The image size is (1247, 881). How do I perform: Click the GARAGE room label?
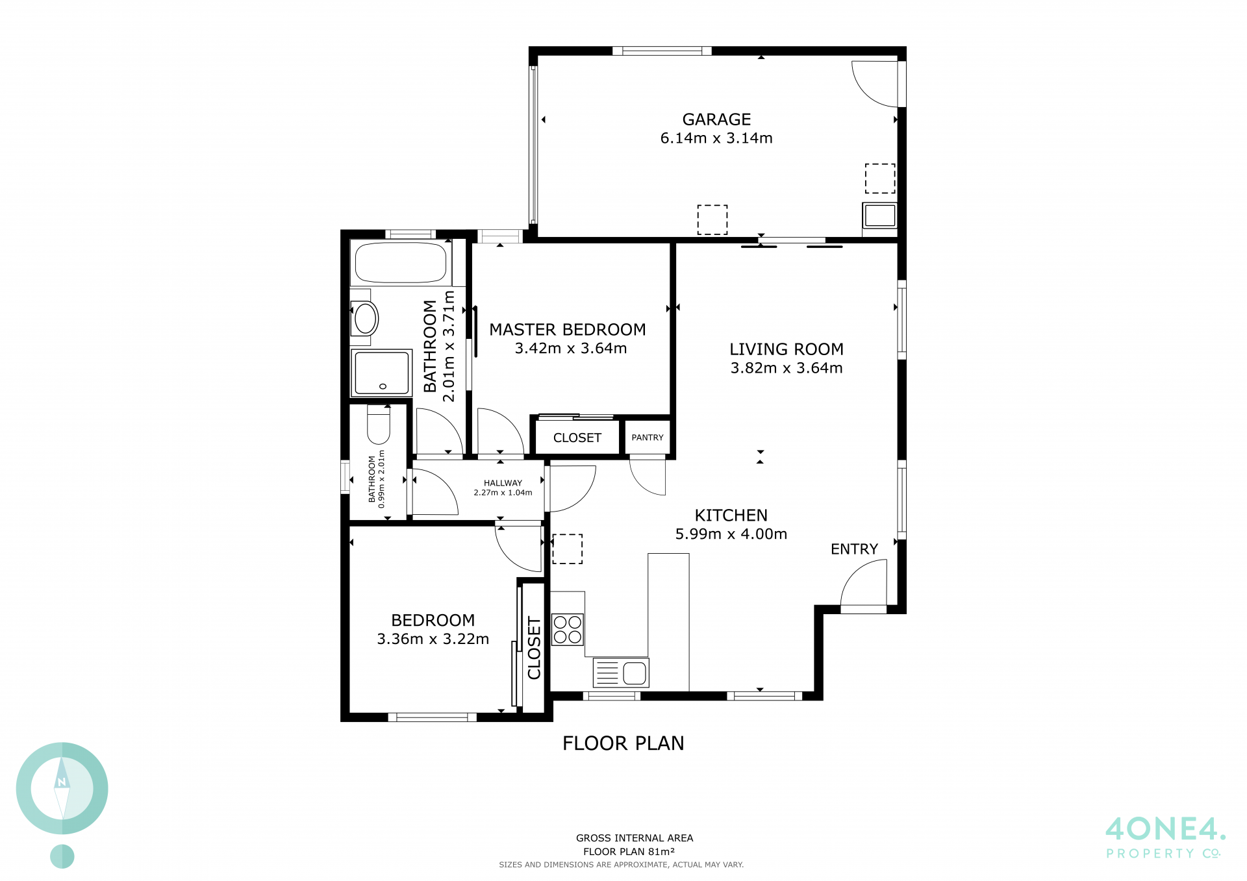[x=716, y=119]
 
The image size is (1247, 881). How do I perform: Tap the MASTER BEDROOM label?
[x=568, y=330]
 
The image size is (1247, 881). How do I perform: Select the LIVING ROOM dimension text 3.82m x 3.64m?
[x=787, y=368]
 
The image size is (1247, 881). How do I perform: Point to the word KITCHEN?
[x=731, y=515]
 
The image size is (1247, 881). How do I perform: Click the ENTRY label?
[x=854, y=549]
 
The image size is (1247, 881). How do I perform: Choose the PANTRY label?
[x=648, y=438]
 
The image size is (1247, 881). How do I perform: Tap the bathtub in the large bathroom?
[x=401, y=263]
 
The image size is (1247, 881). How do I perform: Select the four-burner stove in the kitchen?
[x=568, y=630]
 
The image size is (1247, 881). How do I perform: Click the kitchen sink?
[x=621, y=673]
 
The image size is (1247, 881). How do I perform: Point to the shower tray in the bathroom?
[x=381, y=373]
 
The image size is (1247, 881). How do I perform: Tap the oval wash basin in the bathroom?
[x=365, y=318]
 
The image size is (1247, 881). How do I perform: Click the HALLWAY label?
[x=503, y=483]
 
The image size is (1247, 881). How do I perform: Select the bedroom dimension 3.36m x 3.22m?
[x=433, y=639]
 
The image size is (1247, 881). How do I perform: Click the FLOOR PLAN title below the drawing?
[x=623, y=743]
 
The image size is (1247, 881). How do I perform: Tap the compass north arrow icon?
[x=62, y=788]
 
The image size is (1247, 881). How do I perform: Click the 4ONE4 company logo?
[x=1165, y=838]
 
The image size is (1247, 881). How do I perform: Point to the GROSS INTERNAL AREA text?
[x=635, y=838]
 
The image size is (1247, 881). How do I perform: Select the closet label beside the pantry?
[x=577, y=438]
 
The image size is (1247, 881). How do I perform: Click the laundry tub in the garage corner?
[x=880, y=216]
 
